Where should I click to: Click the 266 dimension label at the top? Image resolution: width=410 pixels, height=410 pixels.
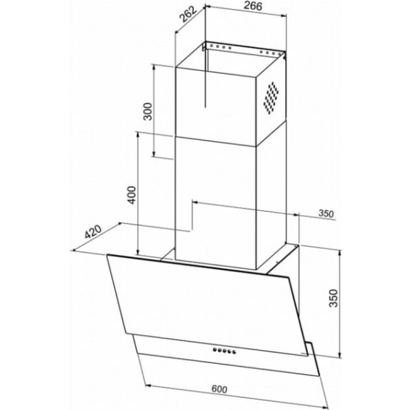[x=253, y=6]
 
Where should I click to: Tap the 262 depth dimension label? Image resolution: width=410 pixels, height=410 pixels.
[x=187, y=15]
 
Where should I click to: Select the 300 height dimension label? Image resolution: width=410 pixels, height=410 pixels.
[x=147, y=112]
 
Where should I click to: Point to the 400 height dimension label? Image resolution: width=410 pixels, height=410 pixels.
[x=131, y=195]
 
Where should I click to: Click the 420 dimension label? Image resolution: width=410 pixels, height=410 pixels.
[x=93, y=232]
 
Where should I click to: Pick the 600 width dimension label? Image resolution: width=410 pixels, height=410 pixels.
[x=219, y=389]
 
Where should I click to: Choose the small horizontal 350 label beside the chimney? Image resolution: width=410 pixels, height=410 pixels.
[x=326, y=214]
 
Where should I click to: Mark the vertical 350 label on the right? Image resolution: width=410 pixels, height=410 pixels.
[x=334, y=298]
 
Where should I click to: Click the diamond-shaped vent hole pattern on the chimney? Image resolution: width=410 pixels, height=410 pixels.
[x=271, y=98]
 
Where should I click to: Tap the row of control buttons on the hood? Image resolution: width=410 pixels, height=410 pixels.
[x=225, y=351]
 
